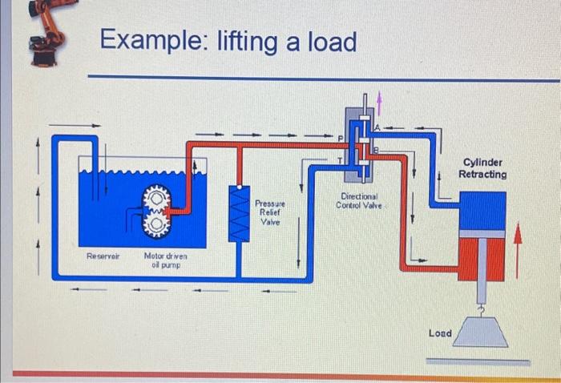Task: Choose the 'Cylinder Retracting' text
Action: (x=482, y=167)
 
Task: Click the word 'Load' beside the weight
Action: (x=439, y=333)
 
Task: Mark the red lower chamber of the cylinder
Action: (x=481, y=258)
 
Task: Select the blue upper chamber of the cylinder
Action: (x=481, y=212)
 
